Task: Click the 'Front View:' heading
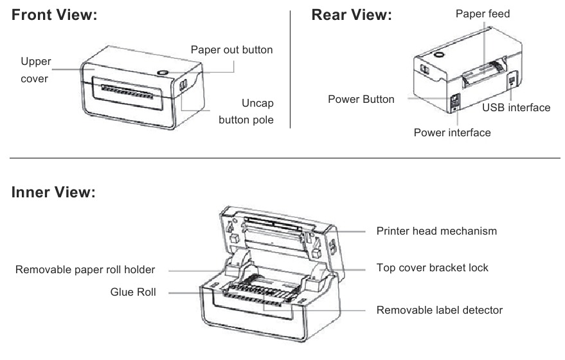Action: click(55, 15)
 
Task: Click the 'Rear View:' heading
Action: click(352, 15)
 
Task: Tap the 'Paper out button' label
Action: click(231, 50)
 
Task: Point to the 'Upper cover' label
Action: click(35, 70)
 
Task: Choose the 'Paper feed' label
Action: click(483, 14)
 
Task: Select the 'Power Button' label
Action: click(361, 100)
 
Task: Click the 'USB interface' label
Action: click(516, 107)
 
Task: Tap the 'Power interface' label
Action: click(452, 132)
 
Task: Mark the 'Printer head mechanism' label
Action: click(436, 231)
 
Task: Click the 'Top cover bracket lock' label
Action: click(433, 267)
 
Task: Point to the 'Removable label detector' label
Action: click(440, 310)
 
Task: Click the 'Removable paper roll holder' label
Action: click(85, 269)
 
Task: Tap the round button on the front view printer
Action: click(163, 73)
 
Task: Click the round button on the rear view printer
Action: click(439, 56)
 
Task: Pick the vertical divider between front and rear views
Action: click(291, 67)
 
